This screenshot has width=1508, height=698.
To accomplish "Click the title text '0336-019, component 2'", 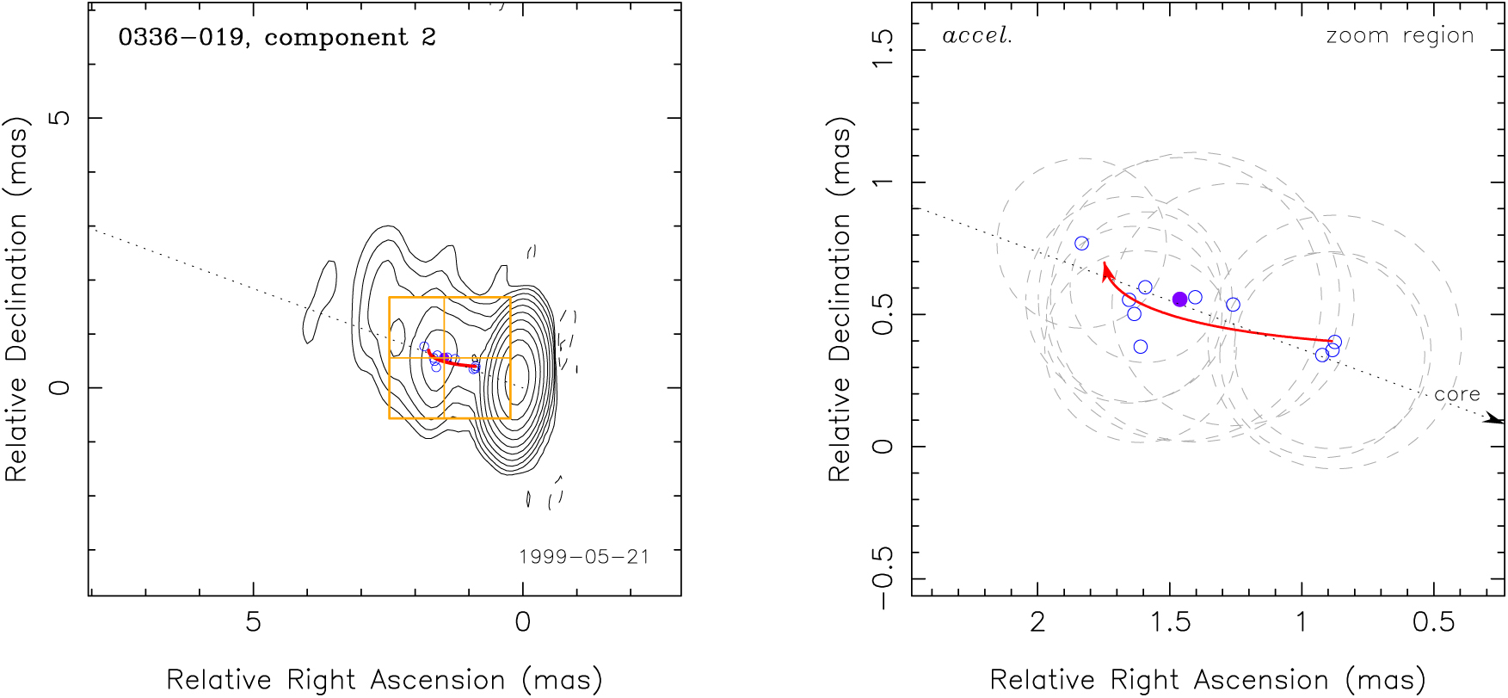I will [276, 38].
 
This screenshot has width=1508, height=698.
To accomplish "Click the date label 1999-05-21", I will [583, 557].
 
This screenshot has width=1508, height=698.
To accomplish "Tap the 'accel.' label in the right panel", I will [976, 36].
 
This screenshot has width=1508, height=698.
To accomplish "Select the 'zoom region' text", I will [1400, 36].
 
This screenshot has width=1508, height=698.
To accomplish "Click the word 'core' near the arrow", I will [1456, 394].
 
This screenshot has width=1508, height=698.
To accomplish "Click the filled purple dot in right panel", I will [1179, 300].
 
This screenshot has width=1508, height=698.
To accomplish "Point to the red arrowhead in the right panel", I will [1106, 270].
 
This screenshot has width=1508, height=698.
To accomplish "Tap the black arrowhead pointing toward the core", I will [1494, 418].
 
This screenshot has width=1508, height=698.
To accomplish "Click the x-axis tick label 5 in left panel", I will [253, 622].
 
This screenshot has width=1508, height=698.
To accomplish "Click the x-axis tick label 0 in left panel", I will [522, 622].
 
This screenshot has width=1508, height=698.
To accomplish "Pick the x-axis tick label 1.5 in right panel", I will [1170, 622].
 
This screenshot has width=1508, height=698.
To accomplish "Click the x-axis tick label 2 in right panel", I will [1037, 622].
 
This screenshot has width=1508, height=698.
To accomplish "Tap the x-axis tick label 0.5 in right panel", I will [1433, 622].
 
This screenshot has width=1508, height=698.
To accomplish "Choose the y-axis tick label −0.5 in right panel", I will [883, 578].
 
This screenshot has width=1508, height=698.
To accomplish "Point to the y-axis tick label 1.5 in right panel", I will [883, 49].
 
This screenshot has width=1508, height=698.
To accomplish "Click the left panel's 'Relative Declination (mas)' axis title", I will [17, 298].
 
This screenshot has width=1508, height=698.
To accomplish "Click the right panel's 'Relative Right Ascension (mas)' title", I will [1207, 680].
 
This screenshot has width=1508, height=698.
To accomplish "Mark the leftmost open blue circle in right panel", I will [1081, 244].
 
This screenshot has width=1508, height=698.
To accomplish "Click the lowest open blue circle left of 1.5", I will [1140, 347].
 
